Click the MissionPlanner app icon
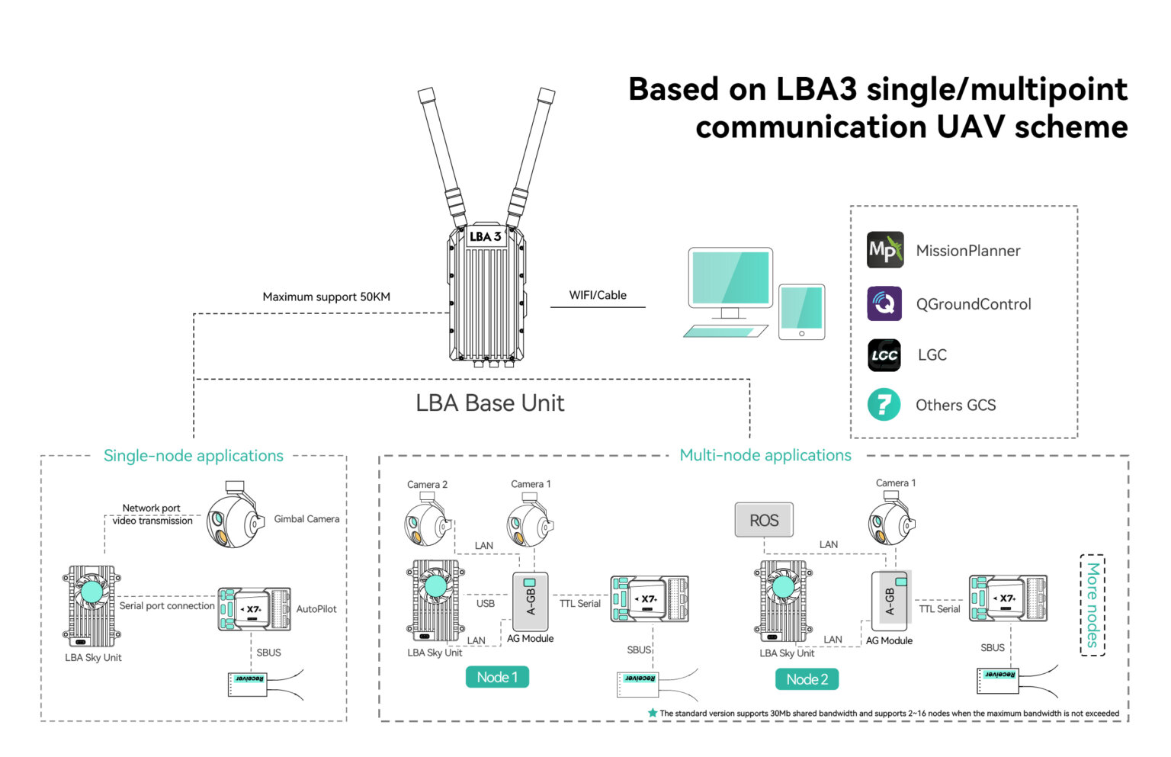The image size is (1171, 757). click(884, 250)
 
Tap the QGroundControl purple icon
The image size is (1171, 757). click(884, 303)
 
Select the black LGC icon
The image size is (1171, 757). click(884, 355)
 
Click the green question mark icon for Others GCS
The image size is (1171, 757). click(884, 405)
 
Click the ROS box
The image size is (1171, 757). click(763, 521)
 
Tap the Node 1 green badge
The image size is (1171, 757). click(497, 677)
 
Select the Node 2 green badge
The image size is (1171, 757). click(807, 679)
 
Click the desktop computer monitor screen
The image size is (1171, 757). click(730, 277)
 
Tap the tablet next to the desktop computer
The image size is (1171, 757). click(801, 312)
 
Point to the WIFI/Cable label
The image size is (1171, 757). click(598, 296)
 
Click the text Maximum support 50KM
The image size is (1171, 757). click(326, 297)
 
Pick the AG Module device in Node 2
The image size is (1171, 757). click(890, 601)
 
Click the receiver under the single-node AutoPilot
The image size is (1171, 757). click(248, 683)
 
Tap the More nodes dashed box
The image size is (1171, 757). click(1092, 605)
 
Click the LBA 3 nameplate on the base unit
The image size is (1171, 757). click(485, 236)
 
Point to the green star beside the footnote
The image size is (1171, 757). click(653, 714)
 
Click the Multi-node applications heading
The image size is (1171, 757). click(765, 456)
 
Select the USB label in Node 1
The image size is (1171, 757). click(486, 604)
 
